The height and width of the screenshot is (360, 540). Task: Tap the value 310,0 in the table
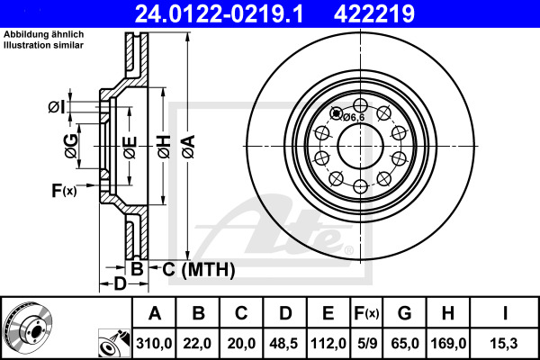155,342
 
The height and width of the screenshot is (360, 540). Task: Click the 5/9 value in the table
366,342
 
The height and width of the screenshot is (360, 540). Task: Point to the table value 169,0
446,342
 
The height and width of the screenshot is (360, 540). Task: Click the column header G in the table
404,313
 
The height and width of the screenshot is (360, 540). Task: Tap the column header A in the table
155,313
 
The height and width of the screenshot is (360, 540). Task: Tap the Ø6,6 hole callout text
352,116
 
